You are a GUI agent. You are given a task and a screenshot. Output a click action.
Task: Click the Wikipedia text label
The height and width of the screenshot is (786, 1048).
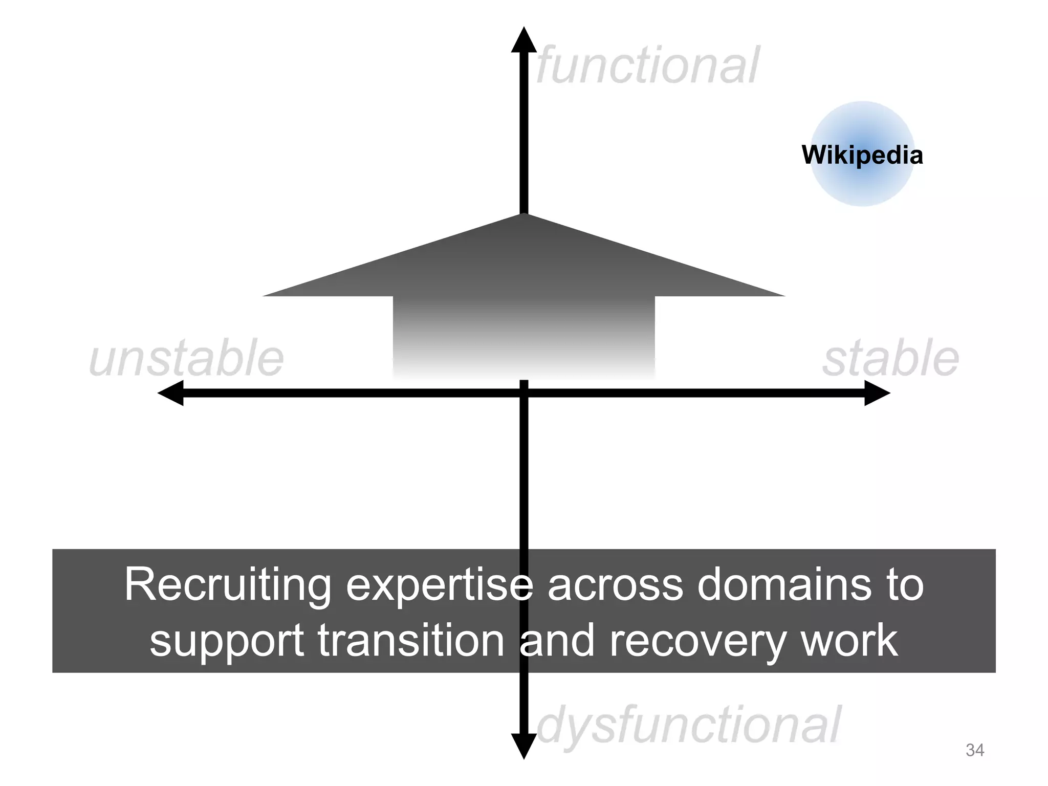point(862,155)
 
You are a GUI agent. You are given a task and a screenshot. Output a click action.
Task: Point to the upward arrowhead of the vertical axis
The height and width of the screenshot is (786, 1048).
point(523,40)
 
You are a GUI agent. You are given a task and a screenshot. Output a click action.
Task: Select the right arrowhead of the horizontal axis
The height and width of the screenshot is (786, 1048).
point(877,393)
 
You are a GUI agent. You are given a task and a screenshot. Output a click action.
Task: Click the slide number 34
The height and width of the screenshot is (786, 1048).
point(974,750)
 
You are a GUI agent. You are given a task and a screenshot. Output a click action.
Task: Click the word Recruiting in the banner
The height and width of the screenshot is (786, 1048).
point(228,585)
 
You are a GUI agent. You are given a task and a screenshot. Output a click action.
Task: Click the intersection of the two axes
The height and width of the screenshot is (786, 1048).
point(523,393)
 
